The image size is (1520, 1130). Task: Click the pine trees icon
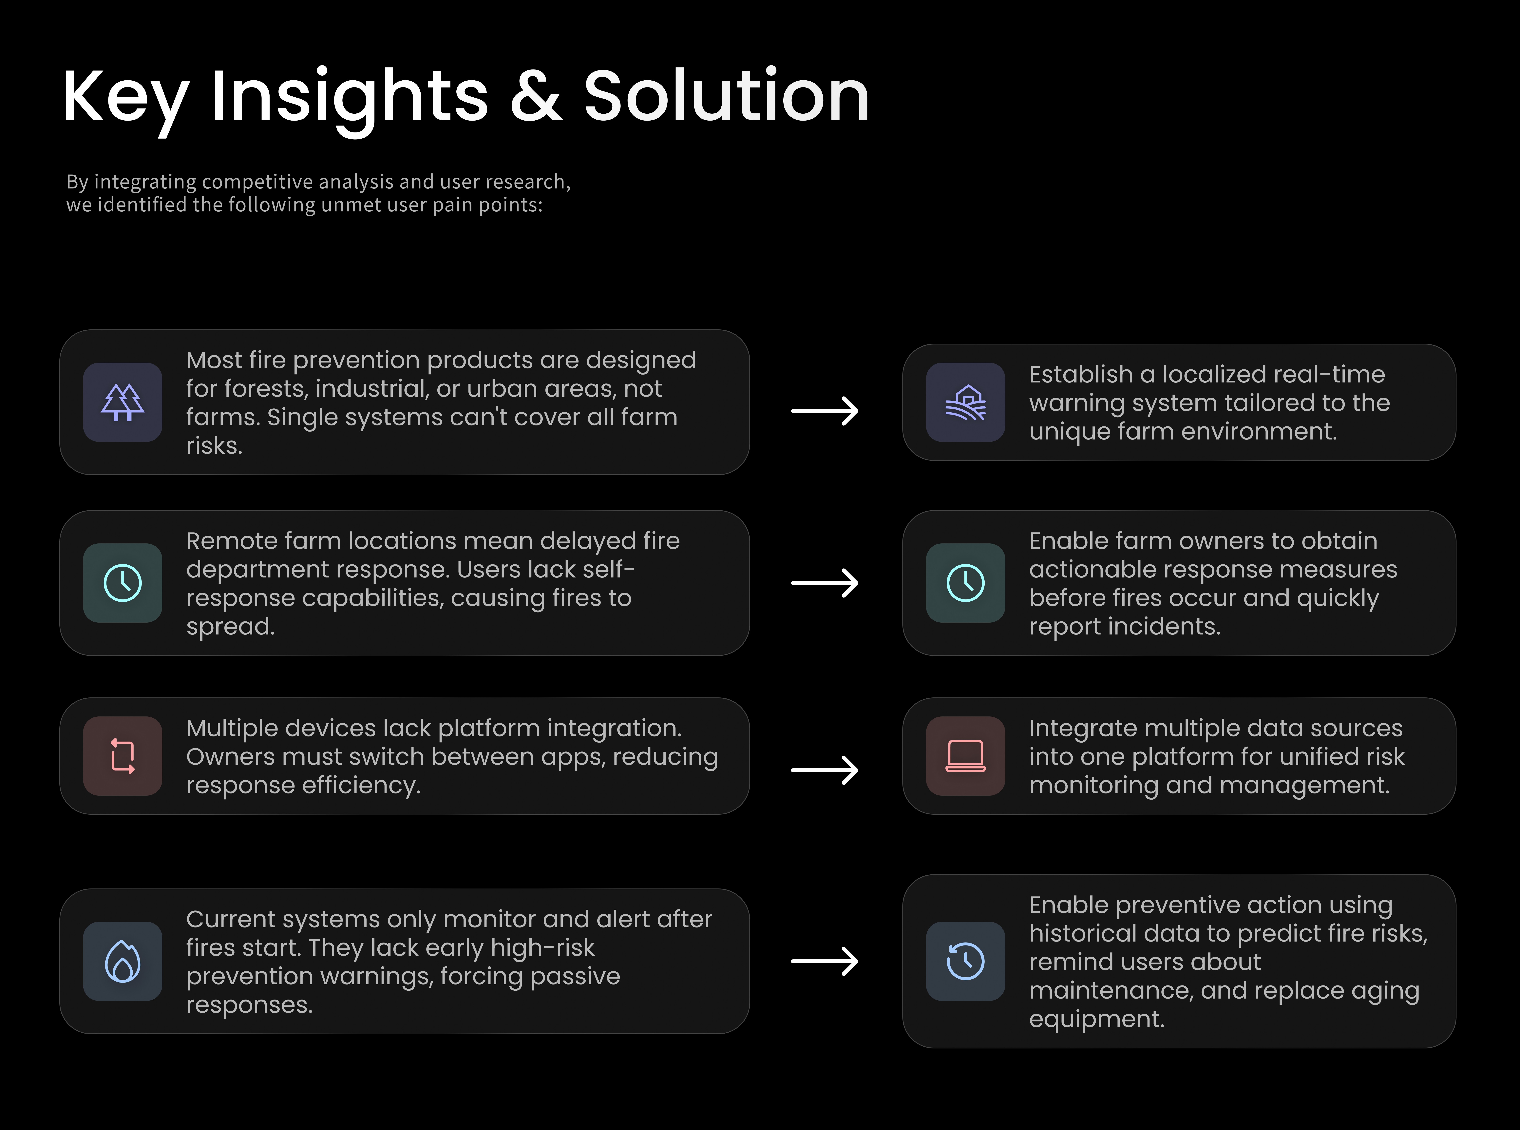pos(122,402)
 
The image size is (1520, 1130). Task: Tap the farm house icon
pos(965,402)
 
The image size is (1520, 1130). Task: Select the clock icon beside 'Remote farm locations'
pos(122,583)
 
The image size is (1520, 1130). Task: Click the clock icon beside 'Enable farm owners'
pos(965,583)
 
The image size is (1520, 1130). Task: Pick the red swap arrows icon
pos(122,756)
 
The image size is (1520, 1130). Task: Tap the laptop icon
pos(965,756)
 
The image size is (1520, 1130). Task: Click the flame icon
pos(122,961)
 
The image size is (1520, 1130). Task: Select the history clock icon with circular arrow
pos(965,961)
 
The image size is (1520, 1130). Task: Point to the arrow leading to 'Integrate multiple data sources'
pos(825,770)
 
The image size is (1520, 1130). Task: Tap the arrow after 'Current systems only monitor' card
pos(825,961)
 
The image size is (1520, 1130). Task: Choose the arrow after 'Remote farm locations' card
pos(825,583)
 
